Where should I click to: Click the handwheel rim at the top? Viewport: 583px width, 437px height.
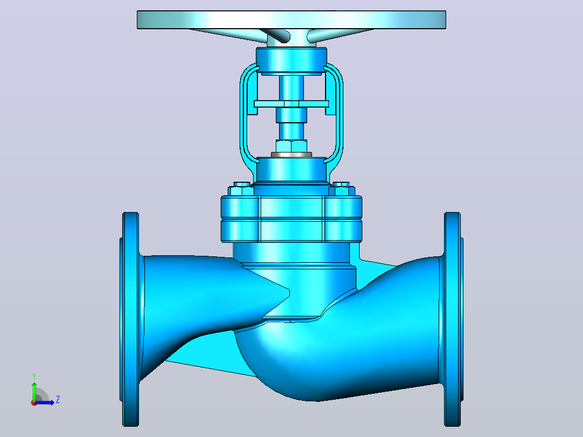tap(291, 19)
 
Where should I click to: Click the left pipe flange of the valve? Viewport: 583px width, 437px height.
tap(130, 319)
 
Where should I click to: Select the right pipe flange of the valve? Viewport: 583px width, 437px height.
tap(453, 319)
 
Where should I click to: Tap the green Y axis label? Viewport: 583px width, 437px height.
tap(34, 376)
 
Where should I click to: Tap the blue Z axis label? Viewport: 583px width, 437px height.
tap(58, 400)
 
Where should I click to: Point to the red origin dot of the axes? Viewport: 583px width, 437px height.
tap(34, 403)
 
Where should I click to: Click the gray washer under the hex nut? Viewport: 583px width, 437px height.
tap(291, 154)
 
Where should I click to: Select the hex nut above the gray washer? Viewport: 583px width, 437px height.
tap(291, 146)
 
